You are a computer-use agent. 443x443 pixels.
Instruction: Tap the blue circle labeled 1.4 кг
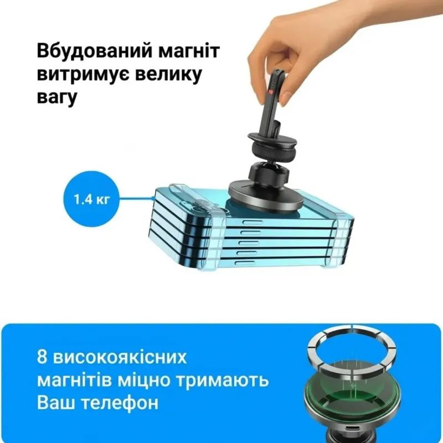pyautogui.click(x=91, y=199)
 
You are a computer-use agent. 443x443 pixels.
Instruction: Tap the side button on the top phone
pyautogui.click(x=253, y=223)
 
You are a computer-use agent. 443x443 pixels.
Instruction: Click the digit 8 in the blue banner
pyautogui.click(x=42, y=357)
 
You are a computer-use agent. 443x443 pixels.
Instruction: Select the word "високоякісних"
pyautogui.click(x=120, y=357)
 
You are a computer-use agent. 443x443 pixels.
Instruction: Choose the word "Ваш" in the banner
pyautogui.click(x=56, y=403)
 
